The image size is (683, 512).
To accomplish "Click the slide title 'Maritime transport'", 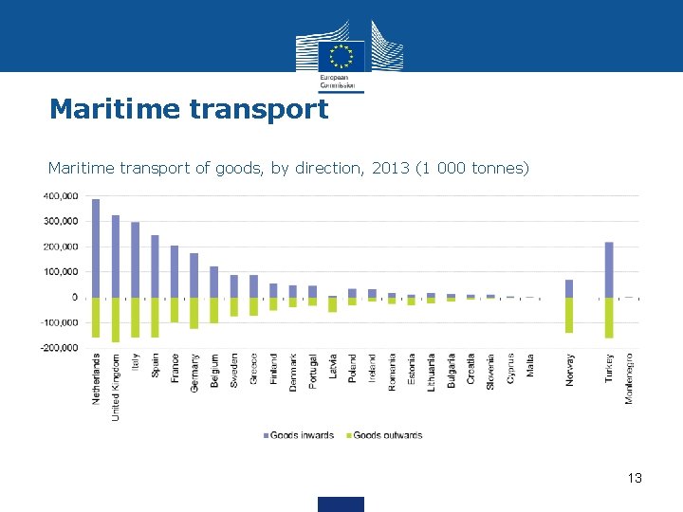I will click(189, 109).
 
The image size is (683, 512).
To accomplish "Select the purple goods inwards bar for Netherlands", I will click(96, 247).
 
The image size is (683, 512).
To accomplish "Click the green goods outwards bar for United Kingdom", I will click(116, 320).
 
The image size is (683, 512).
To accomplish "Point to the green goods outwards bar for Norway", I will click(569, 315).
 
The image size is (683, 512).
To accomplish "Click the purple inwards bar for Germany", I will click(194, 275).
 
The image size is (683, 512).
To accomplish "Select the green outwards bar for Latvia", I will click(333, 304).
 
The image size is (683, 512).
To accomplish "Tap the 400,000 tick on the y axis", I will click(59, 196).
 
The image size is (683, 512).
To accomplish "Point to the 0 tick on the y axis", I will click(73, 298).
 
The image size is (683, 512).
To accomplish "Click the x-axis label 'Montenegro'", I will click(629, 377).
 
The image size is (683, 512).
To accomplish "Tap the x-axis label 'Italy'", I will click(136, 362).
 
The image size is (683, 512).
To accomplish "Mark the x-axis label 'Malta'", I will click(530, 365).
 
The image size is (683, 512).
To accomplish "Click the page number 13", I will click(635, 478).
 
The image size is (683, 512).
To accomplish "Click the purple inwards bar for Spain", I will click(155, 265).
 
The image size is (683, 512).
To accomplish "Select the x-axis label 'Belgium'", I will click(214, 371).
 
